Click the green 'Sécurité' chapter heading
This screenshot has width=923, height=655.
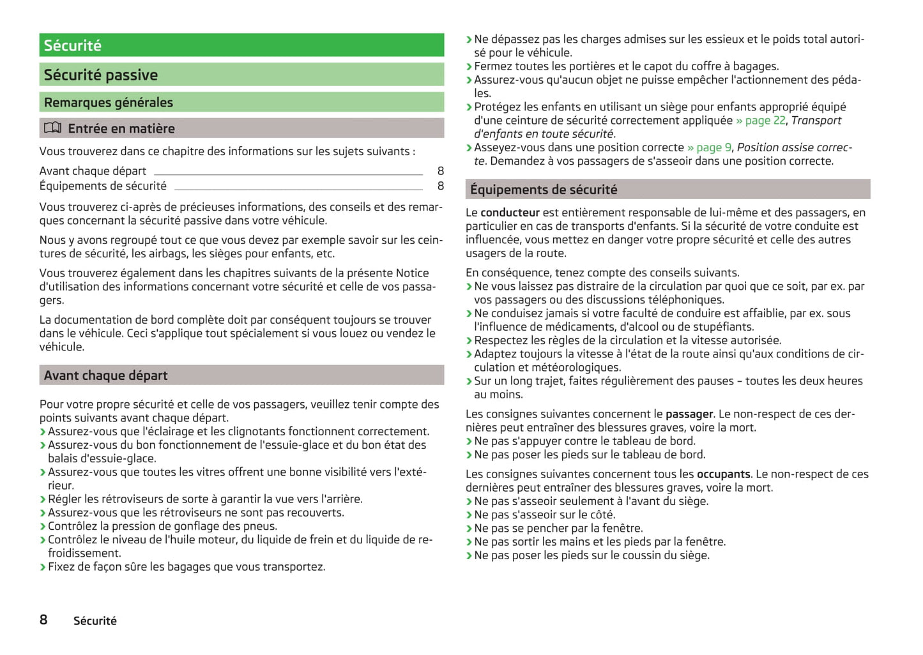(x=73, y=45)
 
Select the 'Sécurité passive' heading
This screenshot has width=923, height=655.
(x=101, y=75)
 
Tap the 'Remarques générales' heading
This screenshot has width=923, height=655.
(x=109, y=102)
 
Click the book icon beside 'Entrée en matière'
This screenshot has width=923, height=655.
(x=52, y=128)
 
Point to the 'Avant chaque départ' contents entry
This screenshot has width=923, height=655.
(x=93, y=171)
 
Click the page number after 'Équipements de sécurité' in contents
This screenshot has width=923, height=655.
(x=440, y=186)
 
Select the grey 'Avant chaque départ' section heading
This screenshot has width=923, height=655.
(x=106, y=375)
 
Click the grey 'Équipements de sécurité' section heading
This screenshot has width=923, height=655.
(x=544, y=190)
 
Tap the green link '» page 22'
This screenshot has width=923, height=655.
(x=760, y=121)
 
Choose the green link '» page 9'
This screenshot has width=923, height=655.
(x=709, y=147)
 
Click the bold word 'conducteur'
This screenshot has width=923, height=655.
(x=510, y=213)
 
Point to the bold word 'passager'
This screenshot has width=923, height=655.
(x=689, y=414)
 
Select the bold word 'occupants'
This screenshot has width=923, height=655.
(x=723, y=474)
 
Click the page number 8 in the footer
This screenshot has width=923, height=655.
(x=43, y=619)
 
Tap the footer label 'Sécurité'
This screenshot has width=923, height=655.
(x=95, y=621)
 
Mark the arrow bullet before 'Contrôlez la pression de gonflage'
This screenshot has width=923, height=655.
(x=43, y=527)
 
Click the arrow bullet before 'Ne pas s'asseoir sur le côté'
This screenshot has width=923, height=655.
(x=469, y=515)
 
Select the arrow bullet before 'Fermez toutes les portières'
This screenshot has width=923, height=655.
(x=469, y=66)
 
